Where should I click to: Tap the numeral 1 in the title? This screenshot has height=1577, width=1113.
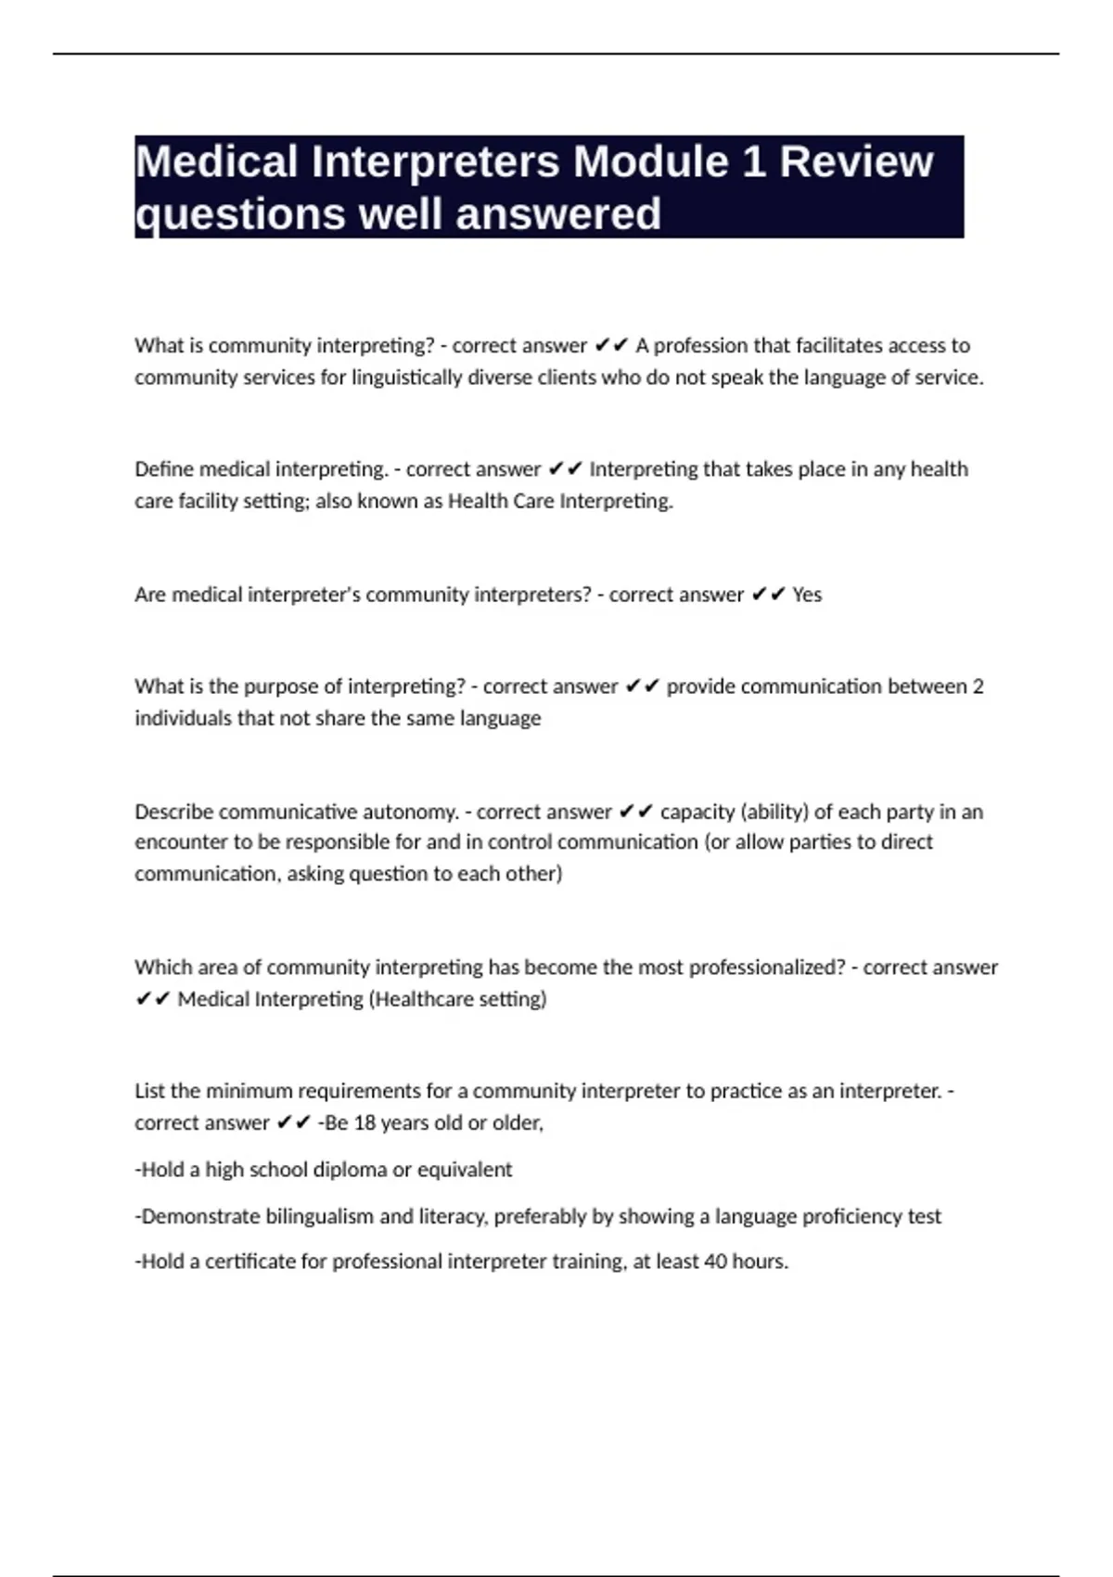coord(753,162)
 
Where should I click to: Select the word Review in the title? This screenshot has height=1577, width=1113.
coord(856,162)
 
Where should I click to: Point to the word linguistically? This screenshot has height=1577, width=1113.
coord(406,378)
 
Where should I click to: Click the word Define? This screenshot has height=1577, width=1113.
coord(164,469)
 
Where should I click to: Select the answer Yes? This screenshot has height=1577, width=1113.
coord(807,595)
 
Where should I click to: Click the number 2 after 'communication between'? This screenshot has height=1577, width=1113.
coord(978,686)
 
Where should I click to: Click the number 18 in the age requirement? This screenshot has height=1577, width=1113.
coord(365,1122)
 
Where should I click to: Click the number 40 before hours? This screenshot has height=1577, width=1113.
coord(716,1262)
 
